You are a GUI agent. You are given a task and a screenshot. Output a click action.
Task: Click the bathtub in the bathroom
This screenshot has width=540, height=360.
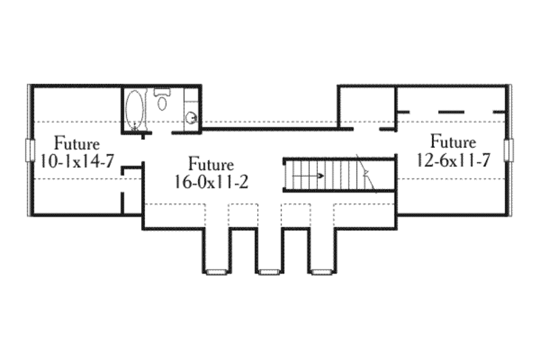(135, 109)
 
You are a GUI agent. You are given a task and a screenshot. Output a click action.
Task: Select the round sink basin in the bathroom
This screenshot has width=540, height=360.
(192, 118)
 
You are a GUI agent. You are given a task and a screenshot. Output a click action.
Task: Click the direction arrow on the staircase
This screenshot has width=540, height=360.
(312, 176)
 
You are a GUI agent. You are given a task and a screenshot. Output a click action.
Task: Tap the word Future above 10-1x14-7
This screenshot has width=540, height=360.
(78, 144)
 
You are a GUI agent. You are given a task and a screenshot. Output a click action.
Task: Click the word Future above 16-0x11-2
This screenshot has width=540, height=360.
(211, 164)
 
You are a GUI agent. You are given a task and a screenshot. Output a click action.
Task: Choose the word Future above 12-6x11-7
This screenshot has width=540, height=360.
(454, 143)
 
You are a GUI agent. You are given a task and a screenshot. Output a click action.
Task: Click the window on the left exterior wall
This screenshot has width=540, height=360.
(28, 150)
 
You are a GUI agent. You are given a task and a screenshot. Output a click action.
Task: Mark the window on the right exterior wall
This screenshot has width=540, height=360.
(510, 150)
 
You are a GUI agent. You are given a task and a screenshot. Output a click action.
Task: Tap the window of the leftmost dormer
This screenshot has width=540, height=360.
(216, 272)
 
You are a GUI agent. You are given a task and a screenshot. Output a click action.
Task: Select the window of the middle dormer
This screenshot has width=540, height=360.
(269, 272)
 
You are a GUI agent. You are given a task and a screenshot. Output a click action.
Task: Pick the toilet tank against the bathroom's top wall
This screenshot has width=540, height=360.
(162, 91)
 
